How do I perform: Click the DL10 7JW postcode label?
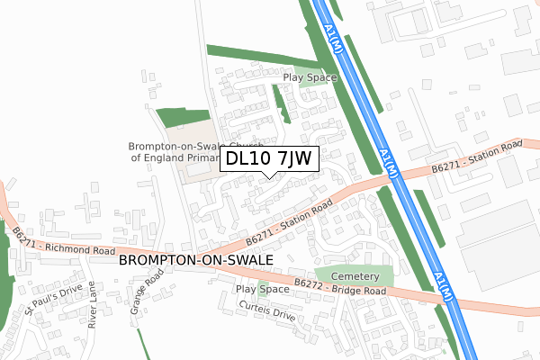pyautogui.click(x=268, y=158)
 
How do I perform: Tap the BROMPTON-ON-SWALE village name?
pyautogui.click(x=195, y=259)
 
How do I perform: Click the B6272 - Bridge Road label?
pyautogui.click(x=339, y=291)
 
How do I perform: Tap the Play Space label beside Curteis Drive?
pyautogui.click(x=262, y=289)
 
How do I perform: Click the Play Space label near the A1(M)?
pyautogui.click(x=310, y=77)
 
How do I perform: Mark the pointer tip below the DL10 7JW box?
pyautogui.click(x=268, y=176)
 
